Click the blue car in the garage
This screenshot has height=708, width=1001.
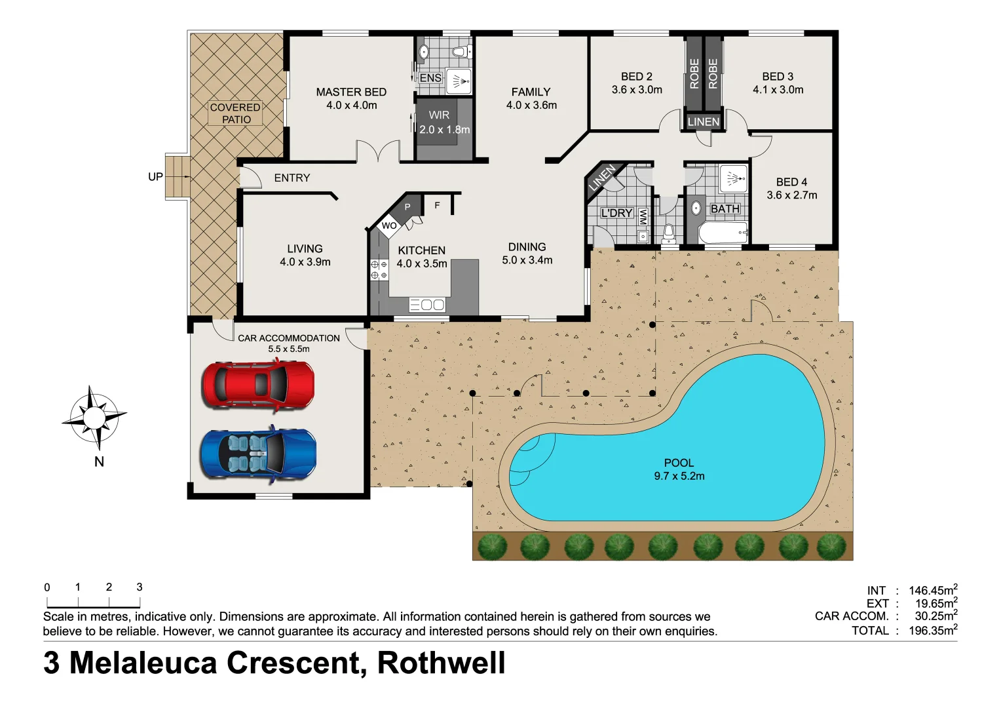coord(257,454)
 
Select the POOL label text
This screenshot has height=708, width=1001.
coord(679,463)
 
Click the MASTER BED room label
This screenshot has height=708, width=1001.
coord(351,92)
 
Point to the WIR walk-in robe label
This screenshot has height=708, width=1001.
coord(439,115)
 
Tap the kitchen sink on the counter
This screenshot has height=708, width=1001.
coord(427,305)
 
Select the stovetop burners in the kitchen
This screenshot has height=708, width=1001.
coord(379,269)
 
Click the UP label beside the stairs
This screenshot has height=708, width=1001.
coord(155,177)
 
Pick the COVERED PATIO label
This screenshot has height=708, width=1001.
coord(235,113)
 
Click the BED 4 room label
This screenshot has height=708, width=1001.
coord(791,182)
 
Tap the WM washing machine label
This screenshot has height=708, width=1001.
coord(643,217)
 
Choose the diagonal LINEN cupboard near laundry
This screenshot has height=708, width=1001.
coord(601,178)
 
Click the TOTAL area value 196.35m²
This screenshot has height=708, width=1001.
coord(932,631)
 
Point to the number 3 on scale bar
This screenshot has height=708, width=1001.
coord(140,587)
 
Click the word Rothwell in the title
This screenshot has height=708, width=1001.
coord(441,663)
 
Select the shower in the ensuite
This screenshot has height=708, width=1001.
coord(459,82)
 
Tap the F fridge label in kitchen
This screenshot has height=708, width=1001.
coord(437,206)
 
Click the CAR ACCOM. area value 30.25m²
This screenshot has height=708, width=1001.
coord(935,616)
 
